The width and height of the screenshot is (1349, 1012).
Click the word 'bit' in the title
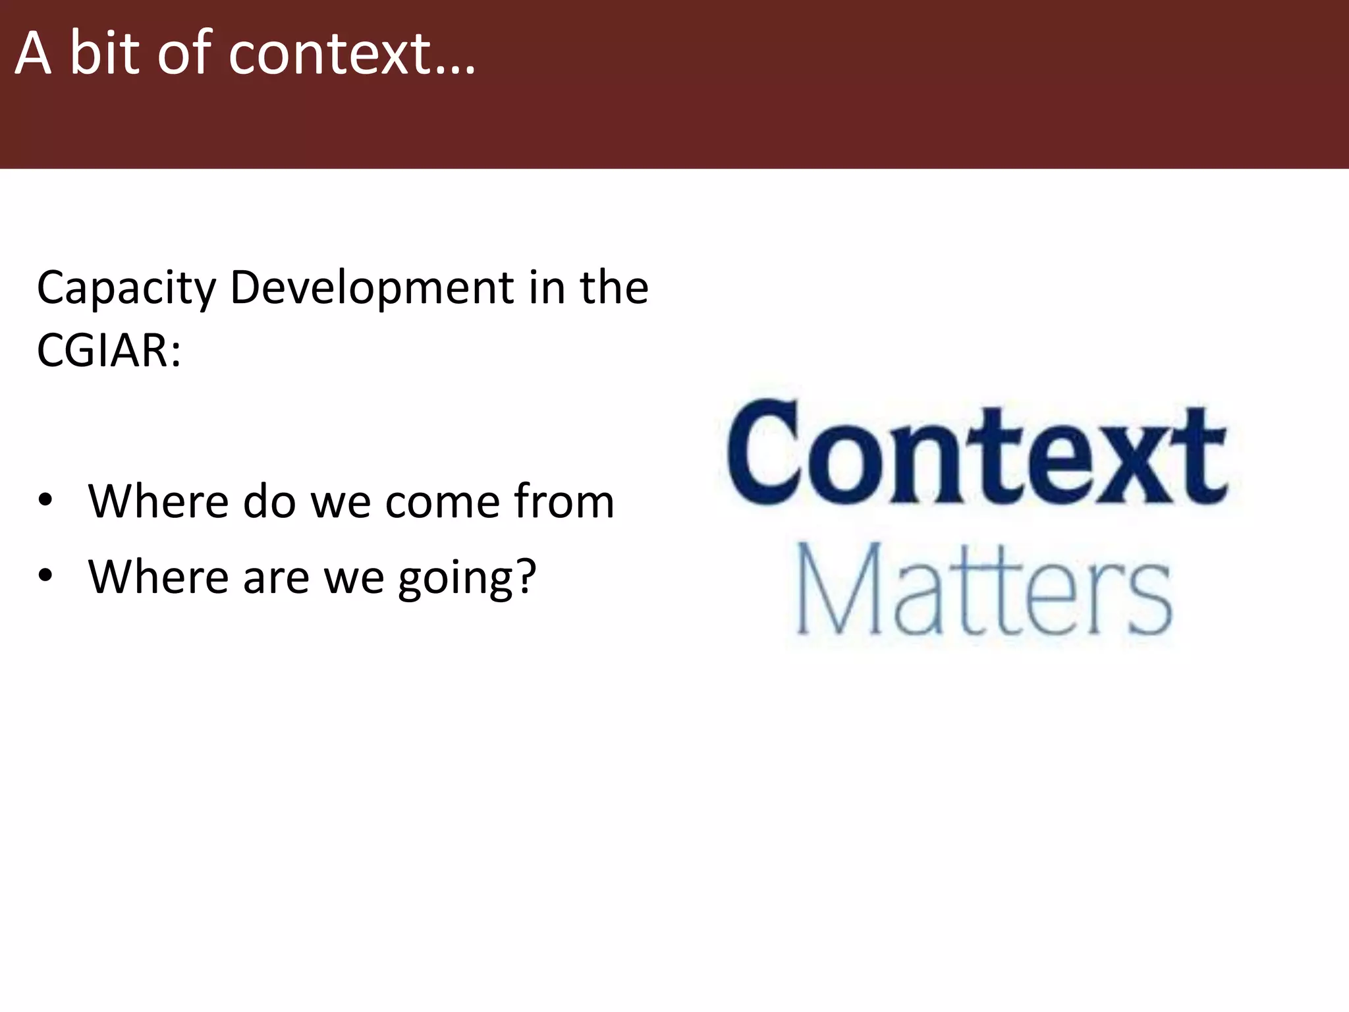coord(105,53)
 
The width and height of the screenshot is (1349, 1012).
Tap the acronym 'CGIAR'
coord(103,351)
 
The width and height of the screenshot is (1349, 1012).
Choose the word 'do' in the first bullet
coord(269,502)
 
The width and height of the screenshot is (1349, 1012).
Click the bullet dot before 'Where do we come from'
coord(45,501)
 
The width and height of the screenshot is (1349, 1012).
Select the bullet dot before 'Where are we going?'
coord(45,576)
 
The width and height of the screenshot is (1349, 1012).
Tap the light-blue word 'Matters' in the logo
coord(984,590)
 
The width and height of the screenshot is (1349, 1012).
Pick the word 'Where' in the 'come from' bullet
coord(158,502)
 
